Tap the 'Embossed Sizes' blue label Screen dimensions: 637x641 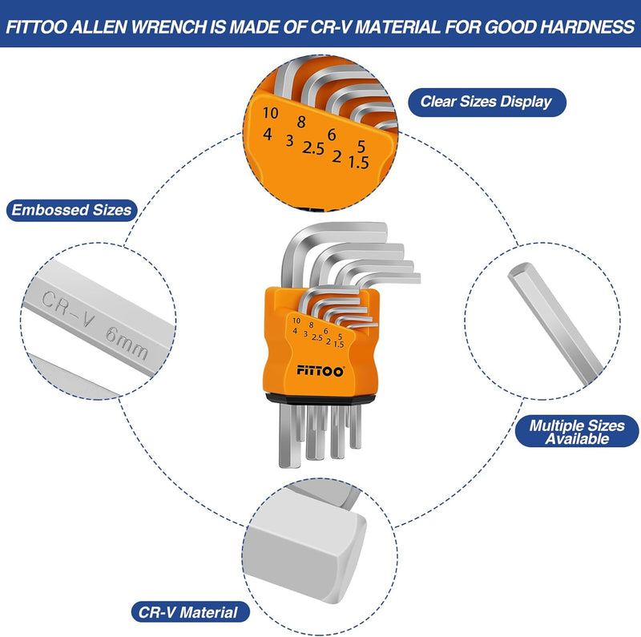pos(71,211)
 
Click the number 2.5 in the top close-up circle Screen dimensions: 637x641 pos(312,148)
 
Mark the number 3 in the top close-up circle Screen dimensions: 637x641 pos(289,141)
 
